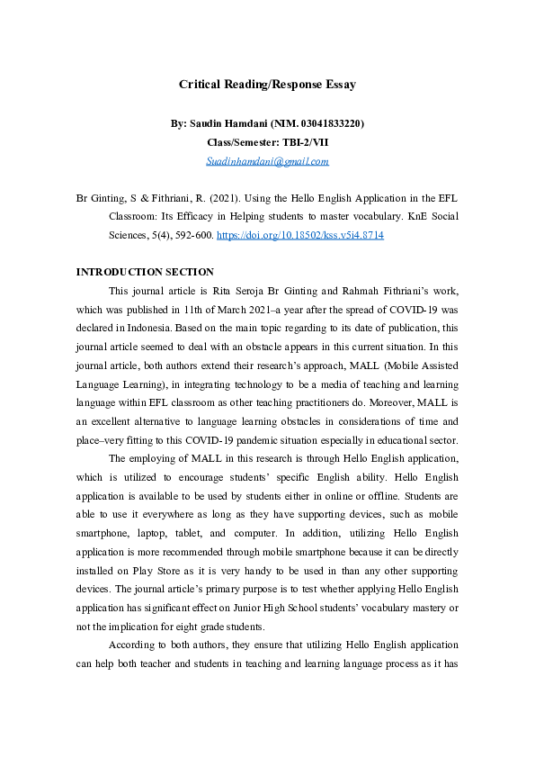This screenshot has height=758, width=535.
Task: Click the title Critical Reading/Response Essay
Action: tap(267, 85)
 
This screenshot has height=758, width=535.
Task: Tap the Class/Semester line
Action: tap(267, 142)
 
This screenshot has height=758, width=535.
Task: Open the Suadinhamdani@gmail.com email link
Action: tap(267, 161)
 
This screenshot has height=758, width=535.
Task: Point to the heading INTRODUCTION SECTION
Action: tap(145, 272)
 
